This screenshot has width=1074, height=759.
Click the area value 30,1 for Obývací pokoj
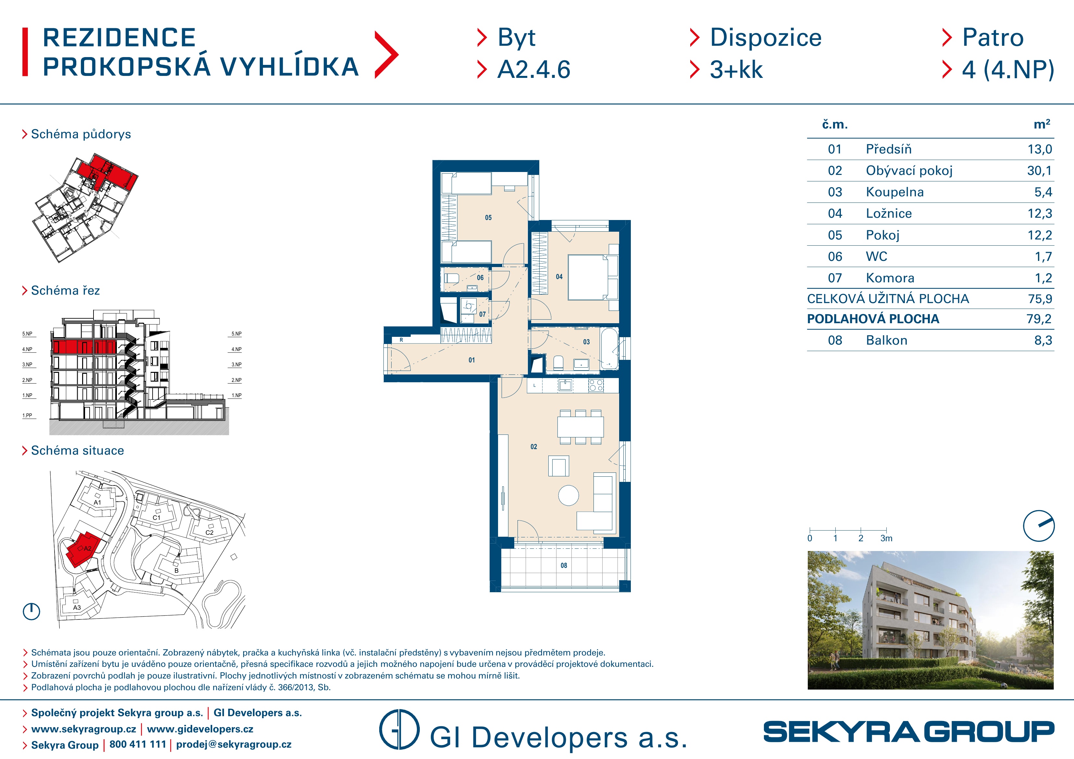tap(1039, 171)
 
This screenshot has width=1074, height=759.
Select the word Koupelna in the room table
tap(894, 192)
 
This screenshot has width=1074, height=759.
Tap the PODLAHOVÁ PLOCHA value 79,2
tap(1039, 319)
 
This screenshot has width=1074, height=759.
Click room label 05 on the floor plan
tap(488, 217)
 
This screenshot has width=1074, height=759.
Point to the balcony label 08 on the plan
tap(564, 565)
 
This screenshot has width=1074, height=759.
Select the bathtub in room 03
tap(609, 349)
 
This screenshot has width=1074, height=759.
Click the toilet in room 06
tap(451, 278)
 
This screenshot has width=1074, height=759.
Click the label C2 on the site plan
tap(209, 532)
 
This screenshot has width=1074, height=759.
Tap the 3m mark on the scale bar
tap(886, 538)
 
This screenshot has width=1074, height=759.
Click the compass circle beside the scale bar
tap(1039, 526)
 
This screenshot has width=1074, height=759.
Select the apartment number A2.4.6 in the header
tap(534, 70)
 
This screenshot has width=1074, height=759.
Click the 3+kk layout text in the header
tap(736, 70)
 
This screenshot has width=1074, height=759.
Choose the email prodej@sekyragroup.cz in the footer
tap(234, 744)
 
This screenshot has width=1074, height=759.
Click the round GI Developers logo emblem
tap(399, 729)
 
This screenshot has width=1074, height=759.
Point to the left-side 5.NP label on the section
tap(28, 334)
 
